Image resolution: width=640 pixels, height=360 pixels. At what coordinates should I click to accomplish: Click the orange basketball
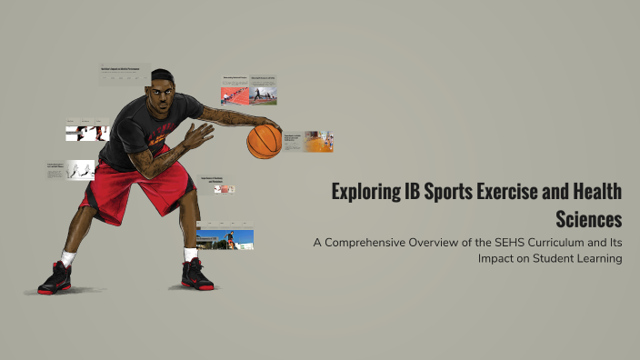[265, 141]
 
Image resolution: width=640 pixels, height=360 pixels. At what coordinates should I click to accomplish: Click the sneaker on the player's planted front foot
[199, 274]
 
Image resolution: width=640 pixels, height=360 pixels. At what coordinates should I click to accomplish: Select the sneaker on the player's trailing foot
[55, 277]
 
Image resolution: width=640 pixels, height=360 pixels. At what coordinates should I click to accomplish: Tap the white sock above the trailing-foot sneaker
[67, 258]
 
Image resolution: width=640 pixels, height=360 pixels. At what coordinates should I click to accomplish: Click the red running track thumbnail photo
[235, 95]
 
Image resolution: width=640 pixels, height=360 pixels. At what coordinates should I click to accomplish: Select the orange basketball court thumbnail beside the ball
[318, 142]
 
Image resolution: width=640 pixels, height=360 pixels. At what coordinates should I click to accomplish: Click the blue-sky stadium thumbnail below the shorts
[238, 240]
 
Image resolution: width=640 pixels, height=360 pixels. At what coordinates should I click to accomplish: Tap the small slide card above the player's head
[125, 74]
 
